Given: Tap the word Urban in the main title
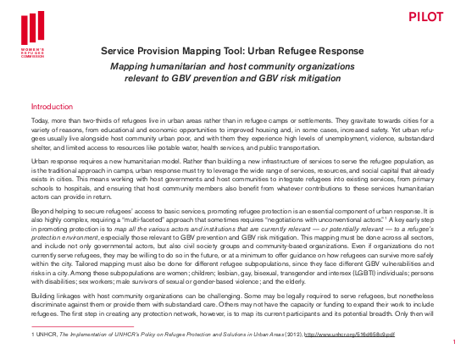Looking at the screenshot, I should coord(266,52).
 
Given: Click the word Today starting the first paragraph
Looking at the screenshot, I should coord(40,123).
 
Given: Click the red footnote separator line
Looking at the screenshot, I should coord(82,326).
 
